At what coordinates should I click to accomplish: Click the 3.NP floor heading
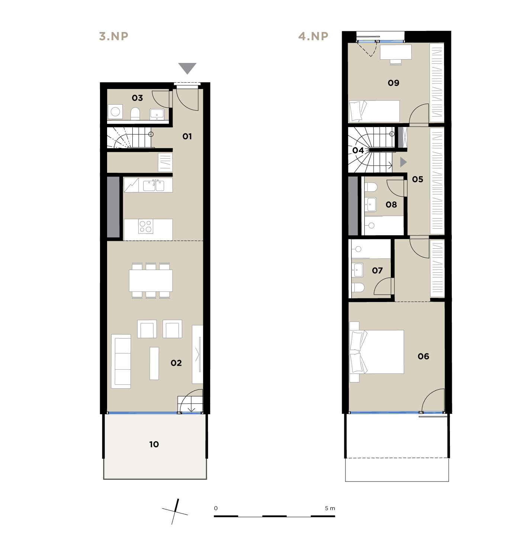[x=113, y=36]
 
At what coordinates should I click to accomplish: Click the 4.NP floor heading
[x=313, y=36]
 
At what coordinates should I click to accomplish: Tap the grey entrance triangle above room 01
[x=187, y=68]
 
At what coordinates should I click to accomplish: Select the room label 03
[x=137, y=98]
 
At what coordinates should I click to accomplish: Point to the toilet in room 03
[x=135, y=114]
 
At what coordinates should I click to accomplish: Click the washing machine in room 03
[x=115, y=112]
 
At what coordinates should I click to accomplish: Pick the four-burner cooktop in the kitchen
[x=146, y=226]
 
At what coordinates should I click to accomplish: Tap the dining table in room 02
[x=151, y=281]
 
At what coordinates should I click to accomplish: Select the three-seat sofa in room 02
[x=121, y=362]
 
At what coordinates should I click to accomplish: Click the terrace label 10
[x=154, y=444]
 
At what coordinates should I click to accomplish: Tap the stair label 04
[x=358, y=150]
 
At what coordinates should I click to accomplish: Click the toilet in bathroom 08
[x=371, y=187]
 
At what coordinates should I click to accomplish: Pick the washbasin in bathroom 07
[x=358, y=270]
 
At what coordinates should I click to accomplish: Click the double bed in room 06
[x=377, y=352]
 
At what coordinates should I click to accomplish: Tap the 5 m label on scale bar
[x=330, y=508]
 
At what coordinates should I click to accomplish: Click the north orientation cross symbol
[x=175, y=512]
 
